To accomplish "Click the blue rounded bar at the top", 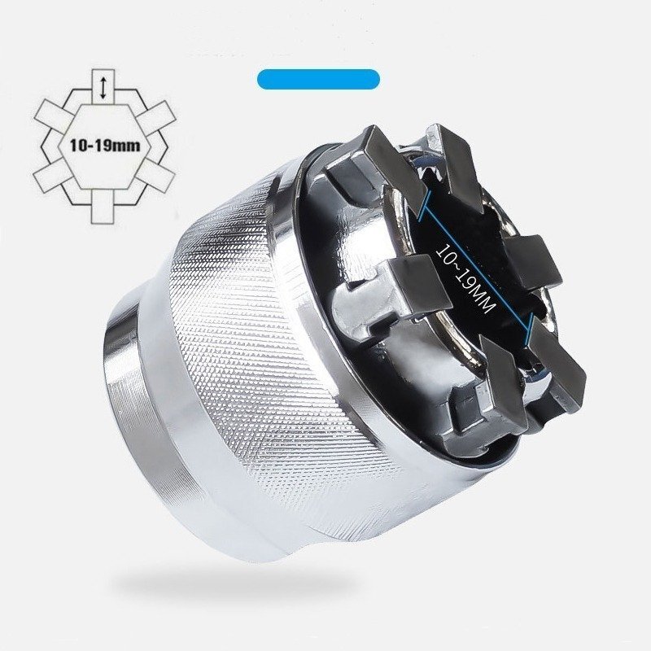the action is coord(318,79).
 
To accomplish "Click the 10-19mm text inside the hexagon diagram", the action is coord(105,146).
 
